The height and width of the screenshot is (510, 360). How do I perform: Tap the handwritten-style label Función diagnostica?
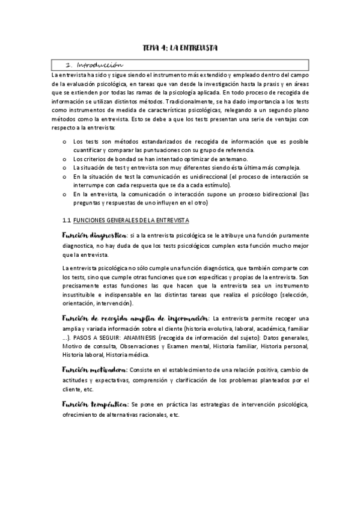[94, 235]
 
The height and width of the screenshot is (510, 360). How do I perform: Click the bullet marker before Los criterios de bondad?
[65, 158]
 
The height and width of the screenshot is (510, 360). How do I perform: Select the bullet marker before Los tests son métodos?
[65, 141]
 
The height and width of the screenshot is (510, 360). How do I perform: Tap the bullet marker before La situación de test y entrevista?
[65, 167]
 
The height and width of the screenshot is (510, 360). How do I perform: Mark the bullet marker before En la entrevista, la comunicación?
[65, 194]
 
